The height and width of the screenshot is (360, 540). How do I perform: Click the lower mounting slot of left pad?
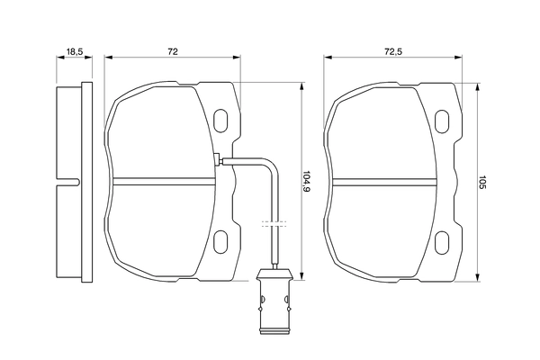pyautogui.click(x=220, y=240)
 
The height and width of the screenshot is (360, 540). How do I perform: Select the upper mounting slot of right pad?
pyautogui.click(x=443, y=121)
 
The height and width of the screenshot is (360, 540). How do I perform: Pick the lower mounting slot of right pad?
pyautogui.click(x=443, y=241)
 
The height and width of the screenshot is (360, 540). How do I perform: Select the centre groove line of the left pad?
pyautogui.click(x=166, y=176)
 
